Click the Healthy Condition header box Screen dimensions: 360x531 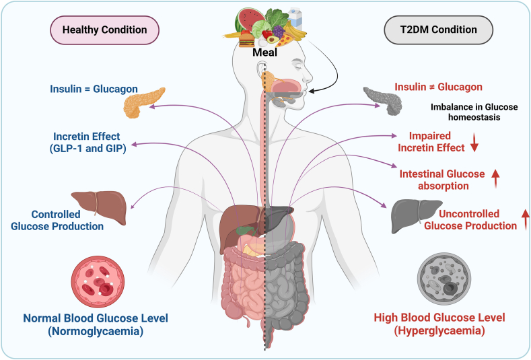tap(104, 30)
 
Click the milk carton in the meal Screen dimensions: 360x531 tap(294, 17)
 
